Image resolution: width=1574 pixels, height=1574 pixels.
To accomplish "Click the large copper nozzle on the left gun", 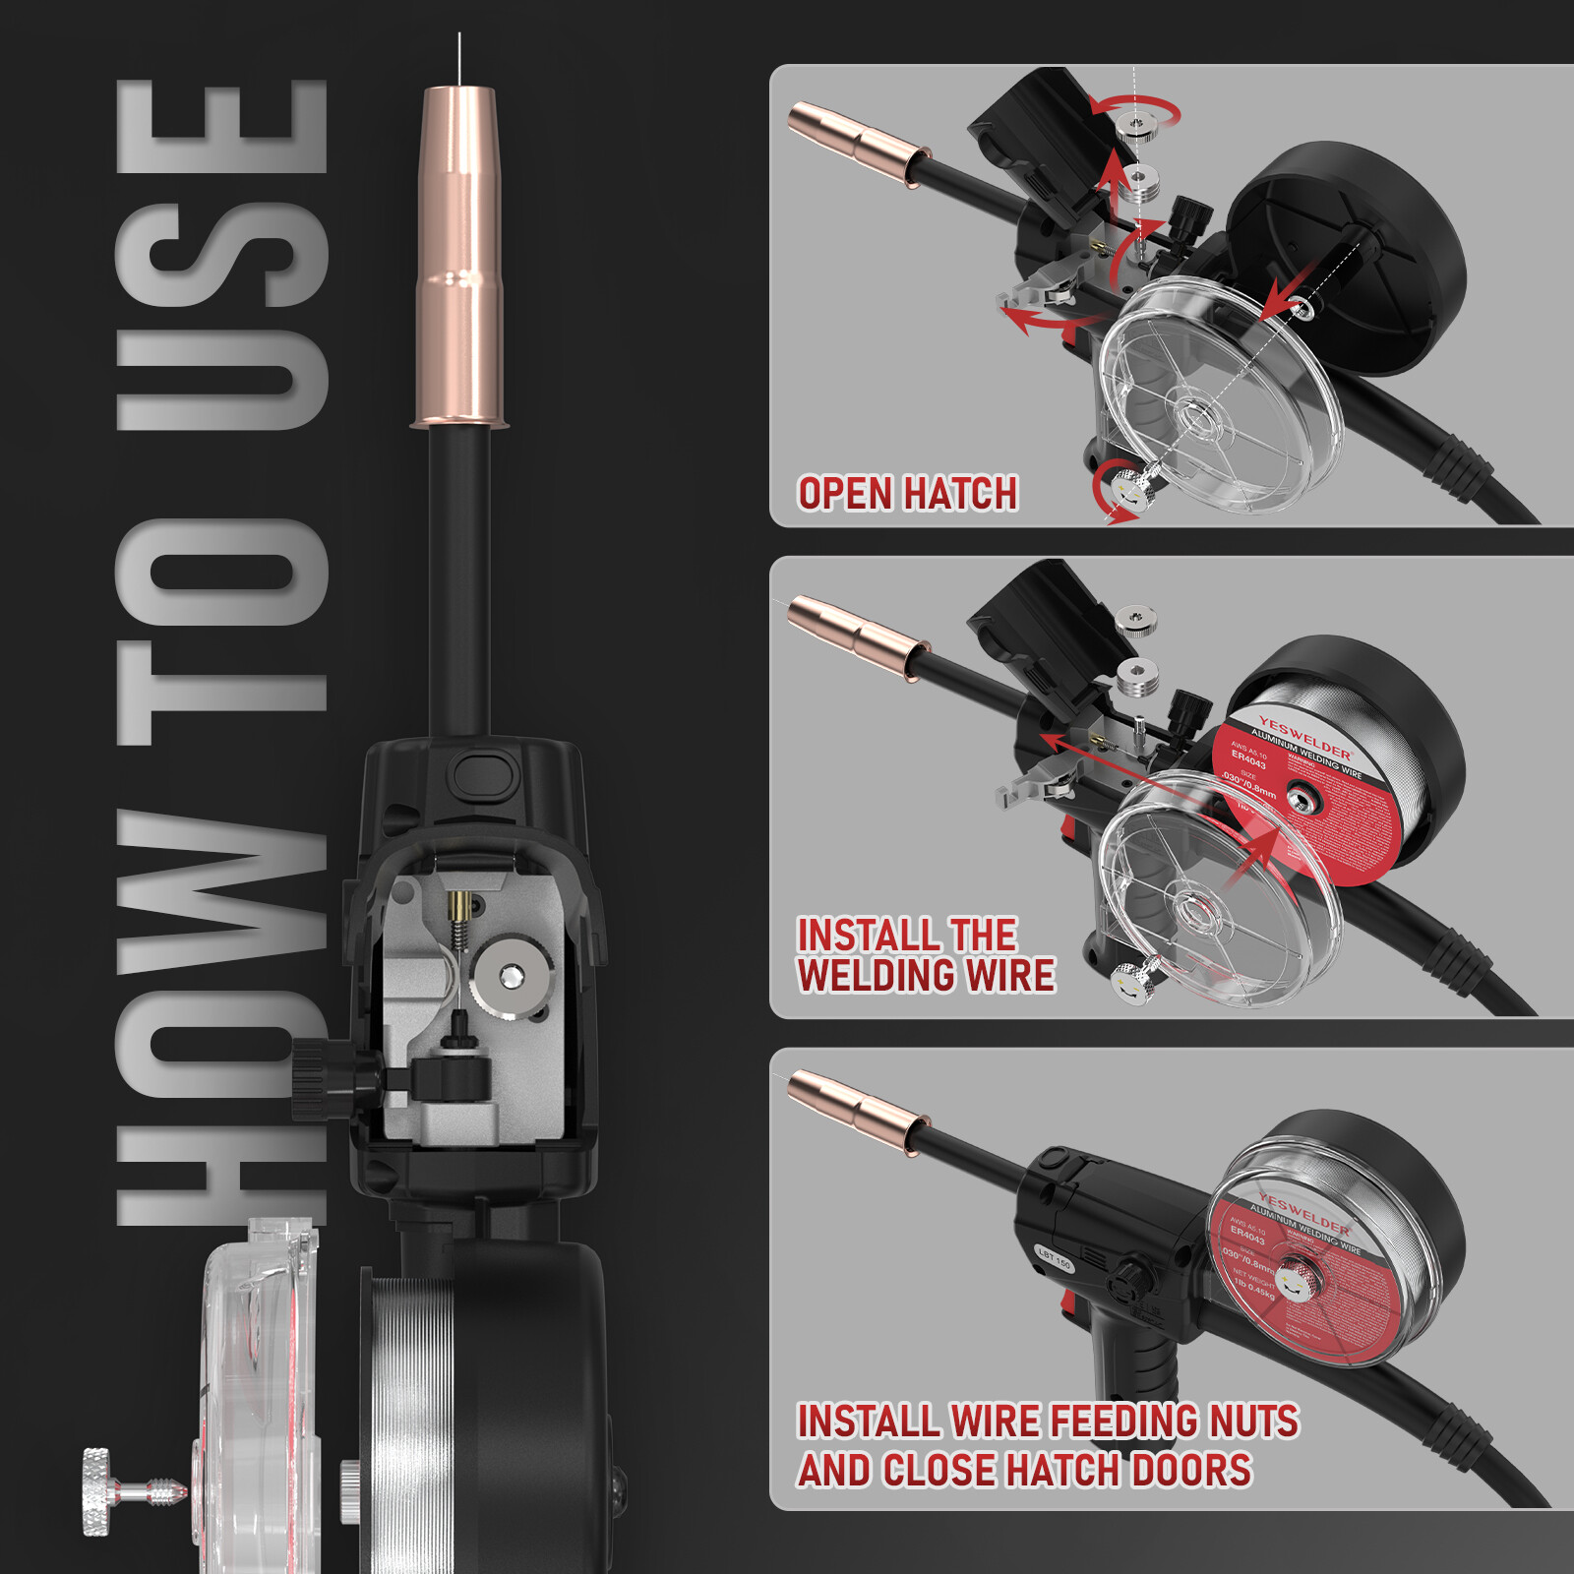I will click(460, 256).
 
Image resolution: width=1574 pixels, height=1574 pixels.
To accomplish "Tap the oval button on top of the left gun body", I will click(483, 773).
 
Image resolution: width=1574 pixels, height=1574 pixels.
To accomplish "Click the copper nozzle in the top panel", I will click(856, 145).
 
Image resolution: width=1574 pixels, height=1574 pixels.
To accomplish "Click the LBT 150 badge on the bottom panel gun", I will click(1055, 1257).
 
